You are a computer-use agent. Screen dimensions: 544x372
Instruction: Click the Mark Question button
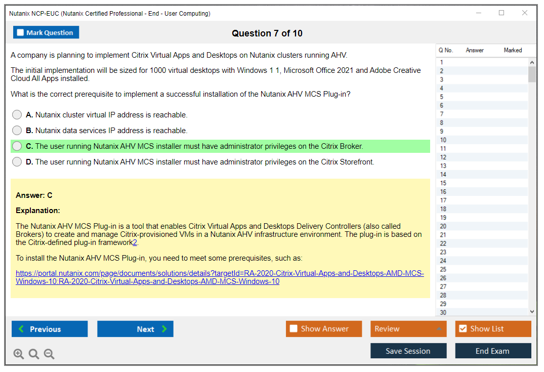click(46, 32)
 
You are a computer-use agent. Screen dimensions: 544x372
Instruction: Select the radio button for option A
click(17, 114)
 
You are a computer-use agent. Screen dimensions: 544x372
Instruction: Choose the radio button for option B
click(17, 130)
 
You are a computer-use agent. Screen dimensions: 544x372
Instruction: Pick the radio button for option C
click(17, 146)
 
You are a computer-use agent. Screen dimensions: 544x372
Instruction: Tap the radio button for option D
click(17, 162)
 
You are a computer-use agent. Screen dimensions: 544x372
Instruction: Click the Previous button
click(50, 328)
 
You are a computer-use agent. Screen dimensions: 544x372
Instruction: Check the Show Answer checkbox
click(294, 328)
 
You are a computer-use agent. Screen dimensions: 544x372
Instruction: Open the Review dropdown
click(408, 328)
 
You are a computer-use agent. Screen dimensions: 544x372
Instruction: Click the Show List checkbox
click(463, 328)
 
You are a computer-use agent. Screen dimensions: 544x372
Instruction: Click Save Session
click(408, 351)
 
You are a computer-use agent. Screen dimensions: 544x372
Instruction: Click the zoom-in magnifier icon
click(18, 354)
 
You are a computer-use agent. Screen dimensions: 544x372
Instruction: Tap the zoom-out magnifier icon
click(49, 354)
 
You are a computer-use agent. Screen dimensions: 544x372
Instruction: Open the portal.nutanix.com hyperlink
click(220, 277)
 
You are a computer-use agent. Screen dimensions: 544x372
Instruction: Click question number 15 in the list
click(443, 183)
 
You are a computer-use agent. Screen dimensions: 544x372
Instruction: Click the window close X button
click(525, 13)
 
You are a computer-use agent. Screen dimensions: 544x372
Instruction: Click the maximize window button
click(501, 13)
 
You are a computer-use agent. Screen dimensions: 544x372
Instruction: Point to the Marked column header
click(513, 50)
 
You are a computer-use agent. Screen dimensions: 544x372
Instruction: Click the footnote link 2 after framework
click(135, 242)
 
